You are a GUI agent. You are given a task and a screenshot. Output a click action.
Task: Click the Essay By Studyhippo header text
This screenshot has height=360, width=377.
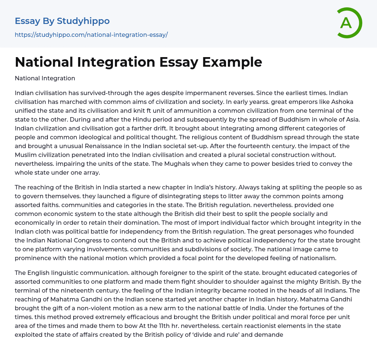[x=62, y=21]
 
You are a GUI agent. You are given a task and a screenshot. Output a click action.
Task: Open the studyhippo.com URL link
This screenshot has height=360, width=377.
[x=91, y=35]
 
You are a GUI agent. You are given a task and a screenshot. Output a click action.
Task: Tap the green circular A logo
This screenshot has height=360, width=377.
[x=347, y=23]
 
